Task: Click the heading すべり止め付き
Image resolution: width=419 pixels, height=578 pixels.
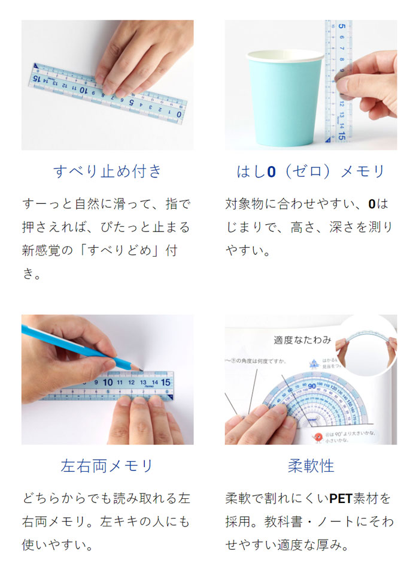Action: click(x=108, y=171)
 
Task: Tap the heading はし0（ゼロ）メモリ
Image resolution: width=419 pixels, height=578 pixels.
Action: click(x=311, y=171)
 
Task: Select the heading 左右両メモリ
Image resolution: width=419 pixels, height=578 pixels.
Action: click(x=108, y=465)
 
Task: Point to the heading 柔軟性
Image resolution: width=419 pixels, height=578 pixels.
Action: click(x=311, y=465)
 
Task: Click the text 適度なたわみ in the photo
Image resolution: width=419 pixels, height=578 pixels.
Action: click(x=302, y=340)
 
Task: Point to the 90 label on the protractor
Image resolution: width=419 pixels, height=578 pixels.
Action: click(x=311, y=384)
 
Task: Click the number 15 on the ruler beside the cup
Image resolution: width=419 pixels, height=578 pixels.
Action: click(x=341, y=136)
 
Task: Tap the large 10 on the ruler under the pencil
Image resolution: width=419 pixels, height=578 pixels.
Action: click(x=108, y=381)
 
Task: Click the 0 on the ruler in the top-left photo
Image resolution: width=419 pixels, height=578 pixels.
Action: click(x=179, y=113)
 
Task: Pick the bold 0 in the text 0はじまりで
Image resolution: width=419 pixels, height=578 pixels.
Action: click(x=372, y=204)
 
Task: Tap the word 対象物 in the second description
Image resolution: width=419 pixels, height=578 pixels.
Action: click(x=245, y=204)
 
